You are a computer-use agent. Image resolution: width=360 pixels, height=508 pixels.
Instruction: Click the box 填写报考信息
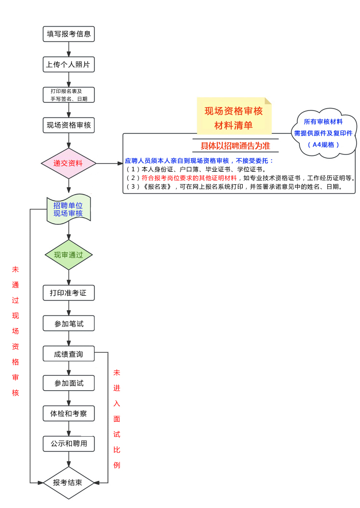(69, 34)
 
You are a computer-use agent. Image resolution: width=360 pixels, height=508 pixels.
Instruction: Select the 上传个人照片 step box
(69, 64)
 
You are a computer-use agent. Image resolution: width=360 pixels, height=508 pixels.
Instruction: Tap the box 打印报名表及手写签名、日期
(69, 95)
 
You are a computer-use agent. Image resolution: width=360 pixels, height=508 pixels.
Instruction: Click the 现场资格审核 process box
(69, 125)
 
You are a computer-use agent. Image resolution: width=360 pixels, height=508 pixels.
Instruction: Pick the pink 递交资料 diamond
(69, 163)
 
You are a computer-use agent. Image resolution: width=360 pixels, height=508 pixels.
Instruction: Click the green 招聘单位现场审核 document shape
(69, 209)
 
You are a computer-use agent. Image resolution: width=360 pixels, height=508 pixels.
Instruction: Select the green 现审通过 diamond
(69, 255)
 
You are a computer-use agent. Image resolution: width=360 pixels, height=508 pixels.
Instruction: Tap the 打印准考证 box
(69, 293)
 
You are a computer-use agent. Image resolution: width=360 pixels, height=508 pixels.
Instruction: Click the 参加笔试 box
(69, 324)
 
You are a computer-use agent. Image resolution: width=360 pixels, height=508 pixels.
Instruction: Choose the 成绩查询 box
(69, 354)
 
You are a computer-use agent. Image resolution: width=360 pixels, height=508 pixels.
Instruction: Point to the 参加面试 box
(69, 383)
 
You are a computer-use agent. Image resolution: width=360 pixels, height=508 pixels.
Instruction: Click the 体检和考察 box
(69, 413)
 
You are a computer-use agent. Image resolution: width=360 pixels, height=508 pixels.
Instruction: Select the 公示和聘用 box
(69, 444)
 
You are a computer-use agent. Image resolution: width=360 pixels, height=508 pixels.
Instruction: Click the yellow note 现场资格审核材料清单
(234, 117)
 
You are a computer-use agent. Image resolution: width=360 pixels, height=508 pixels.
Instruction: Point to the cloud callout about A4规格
(323, 132)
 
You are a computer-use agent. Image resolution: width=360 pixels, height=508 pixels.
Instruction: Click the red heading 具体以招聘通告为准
(235, 146)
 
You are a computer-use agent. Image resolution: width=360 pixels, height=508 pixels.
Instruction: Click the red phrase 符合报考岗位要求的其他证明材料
(189, 178)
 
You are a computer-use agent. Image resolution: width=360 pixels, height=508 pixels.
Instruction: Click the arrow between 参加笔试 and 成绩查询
(69, 339)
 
